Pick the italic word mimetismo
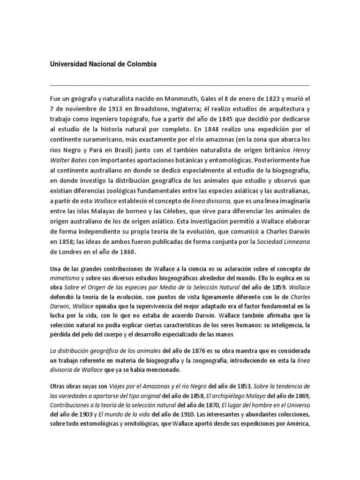tap(66, 277)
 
